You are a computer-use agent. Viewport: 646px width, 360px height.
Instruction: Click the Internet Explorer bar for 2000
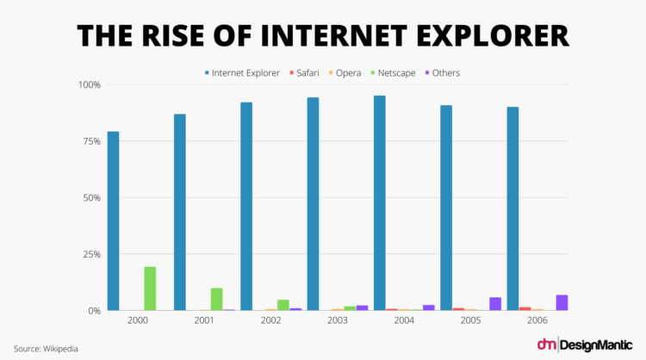click(x=113, y=221)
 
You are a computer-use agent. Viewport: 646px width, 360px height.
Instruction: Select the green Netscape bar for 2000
click(x=150, y=289)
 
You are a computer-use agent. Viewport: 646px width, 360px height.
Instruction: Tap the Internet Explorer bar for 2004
click(x=380, y=203)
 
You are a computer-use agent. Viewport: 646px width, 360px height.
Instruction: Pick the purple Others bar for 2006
click(x=562, y=302)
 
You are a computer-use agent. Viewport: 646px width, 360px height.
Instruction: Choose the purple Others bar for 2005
click(x=495, y=303)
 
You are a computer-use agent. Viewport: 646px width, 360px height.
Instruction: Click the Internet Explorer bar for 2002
click(x=246, y=207)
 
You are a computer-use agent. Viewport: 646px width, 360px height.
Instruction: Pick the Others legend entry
click(x=443, y=73)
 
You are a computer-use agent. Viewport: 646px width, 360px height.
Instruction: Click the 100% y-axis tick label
click(x=88, y=85)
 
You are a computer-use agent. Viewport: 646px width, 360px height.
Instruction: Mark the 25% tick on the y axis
click(x=90, y=254)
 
